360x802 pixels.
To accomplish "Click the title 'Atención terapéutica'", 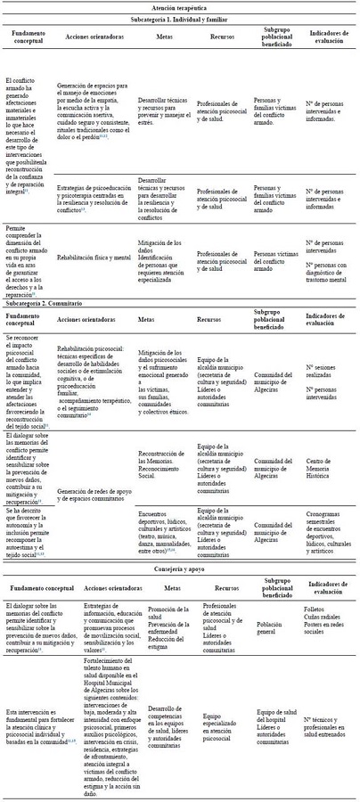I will [x=180, y=6].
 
